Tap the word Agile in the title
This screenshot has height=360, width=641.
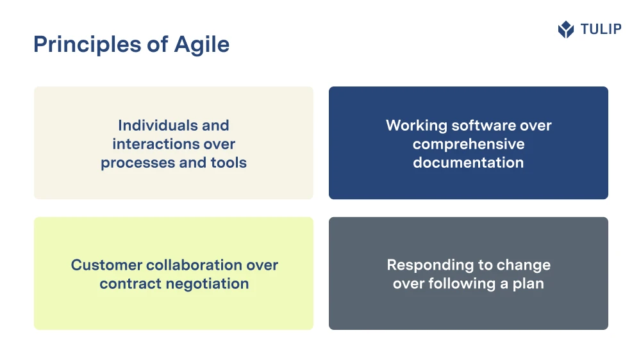[202, 45]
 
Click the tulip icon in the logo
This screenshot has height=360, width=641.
[566, 29]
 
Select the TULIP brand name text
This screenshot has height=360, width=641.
[601, 29]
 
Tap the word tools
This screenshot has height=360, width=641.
[229, 163]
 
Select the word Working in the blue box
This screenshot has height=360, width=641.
[417, 126]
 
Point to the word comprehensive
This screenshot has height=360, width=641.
[469, 145]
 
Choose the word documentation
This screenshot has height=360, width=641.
[469, 163]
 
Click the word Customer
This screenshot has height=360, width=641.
[106, 265]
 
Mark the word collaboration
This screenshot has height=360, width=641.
[194, 265]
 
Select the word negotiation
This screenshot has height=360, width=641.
[201, 284]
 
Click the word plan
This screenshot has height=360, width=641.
[528, 284]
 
